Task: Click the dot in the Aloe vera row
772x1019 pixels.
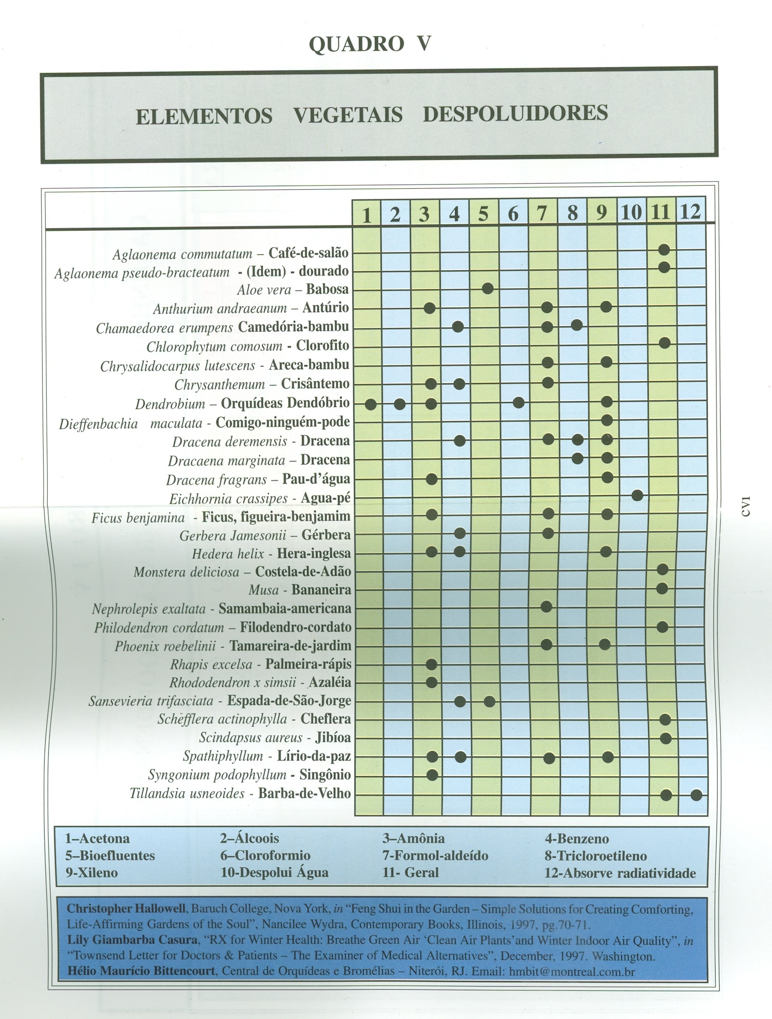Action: [x=488, y=288]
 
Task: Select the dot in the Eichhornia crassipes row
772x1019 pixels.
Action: [x=637, y=495]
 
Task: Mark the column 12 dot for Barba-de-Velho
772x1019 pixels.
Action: [x=696, y=795]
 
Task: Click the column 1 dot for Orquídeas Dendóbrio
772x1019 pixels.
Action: [x=371, y=404]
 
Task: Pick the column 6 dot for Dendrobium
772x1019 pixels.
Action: [x=518, y=403]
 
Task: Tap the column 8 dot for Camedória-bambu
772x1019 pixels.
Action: [x=576, y=325]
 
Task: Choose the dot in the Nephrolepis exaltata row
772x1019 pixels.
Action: [x=546, y=607]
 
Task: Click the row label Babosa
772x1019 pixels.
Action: [x=327, y=289]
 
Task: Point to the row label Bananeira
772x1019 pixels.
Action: [x=321, y=590]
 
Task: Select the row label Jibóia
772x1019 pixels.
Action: [x=333, y=738]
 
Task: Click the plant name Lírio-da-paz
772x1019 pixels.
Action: [x=314, y=756]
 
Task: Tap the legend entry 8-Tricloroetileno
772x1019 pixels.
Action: [x=595, y=856]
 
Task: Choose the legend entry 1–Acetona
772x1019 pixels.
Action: [x=97, y=839]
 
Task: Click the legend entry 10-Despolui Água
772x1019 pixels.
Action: [x=275, y=873]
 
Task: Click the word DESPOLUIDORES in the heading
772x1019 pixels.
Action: [x=515, y=114]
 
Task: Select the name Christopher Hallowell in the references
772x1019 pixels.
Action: [x=126, y=909]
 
